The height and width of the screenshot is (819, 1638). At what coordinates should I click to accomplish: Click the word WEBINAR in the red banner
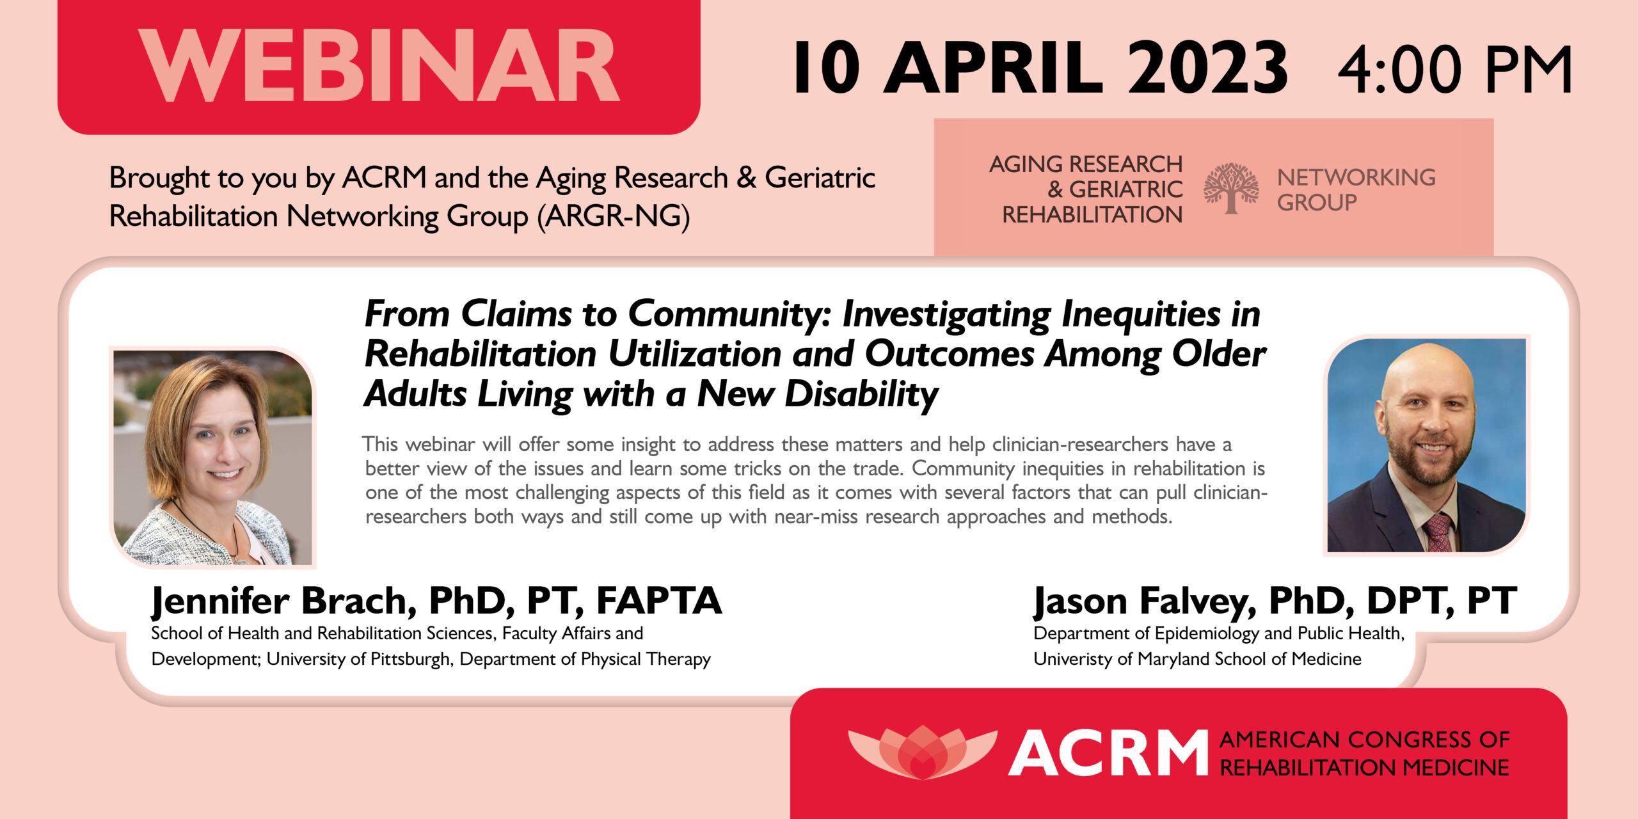click(x=379, y=66)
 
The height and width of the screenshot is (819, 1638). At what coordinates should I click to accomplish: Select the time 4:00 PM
click(x=1454, y=69)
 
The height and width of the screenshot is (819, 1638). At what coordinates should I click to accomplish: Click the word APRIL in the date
click(x=993, y=67)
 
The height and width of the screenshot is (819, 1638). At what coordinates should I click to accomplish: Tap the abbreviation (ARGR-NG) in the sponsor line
click(x=613, y=216)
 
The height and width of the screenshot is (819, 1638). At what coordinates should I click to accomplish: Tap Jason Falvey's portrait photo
click(x=1426, y=445)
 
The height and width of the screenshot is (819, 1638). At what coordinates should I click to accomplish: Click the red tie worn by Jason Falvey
click(x=1438, y=532)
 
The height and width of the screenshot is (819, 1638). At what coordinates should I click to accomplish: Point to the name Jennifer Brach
click(x=280, y=601)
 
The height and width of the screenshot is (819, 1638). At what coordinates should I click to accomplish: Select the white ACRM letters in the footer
click(x=1108, y=753)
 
